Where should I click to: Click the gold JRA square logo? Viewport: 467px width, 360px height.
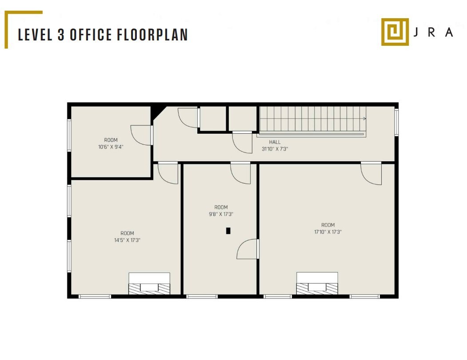click(395, 32)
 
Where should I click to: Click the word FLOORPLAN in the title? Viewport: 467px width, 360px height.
click(152, 35)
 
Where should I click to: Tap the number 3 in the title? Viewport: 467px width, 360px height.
click(61, 35)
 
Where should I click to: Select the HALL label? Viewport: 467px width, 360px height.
click(275, 142)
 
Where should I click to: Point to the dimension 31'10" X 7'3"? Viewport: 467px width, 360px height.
click(275, 149)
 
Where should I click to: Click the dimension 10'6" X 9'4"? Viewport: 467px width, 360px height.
click(111, 147)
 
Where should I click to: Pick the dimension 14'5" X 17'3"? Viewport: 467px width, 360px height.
click(127, 240)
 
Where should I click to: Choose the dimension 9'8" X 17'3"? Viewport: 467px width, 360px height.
click(221, 214)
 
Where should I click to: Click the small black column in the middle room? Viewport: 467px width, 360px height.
click(228, 231)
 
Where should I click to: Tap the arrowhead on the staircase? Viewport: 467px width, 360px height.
click(364, 119)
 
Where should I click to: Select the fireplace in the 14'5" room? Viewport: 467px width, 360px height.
click(149, 284)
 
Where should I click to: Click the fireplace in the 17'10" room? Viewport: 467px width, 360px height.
click(317, 284)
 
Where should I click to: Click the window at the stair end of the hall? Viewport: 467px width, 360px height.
click(396, 122)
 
